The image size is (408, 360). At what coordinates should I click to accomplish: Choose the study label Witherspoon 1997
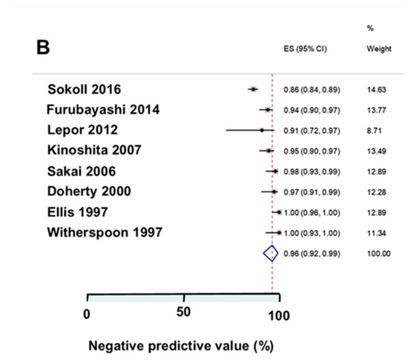click(x=105, y=232)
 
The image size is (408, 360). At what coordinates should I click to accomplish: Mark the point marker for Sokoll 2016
click(x=254, y=89)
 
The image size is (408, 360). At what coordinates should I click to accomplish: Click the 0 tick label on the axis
click(x=87, y=314)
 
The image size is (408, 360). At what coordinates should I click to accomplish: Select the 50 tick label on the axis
click(x=183, y=312)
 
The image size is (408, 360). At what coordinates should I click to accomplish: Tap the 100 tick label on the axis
click(x=279, y=314)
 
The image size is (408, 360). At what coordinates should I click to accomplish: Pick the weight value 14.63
click(x=377, y=90)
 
